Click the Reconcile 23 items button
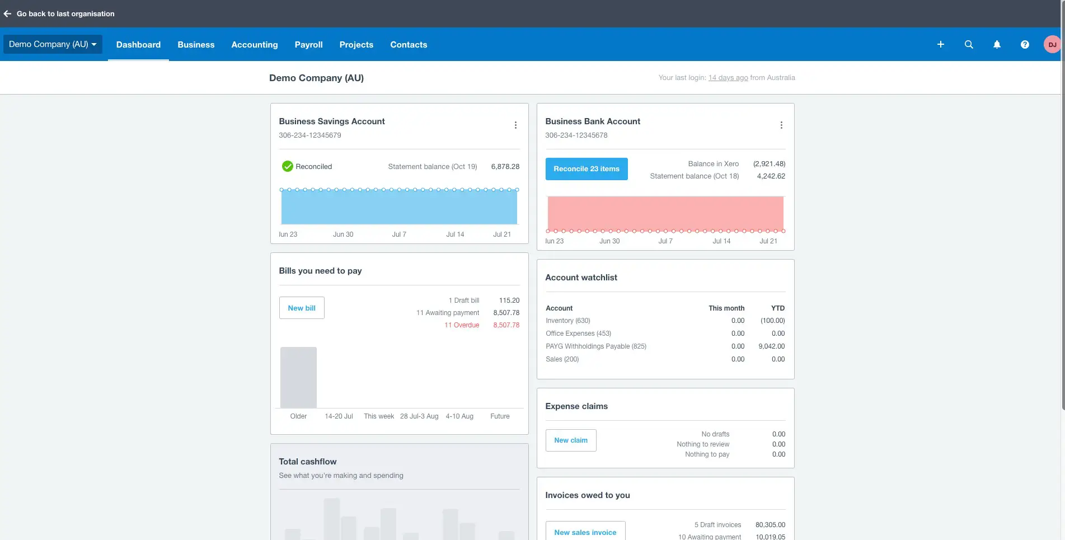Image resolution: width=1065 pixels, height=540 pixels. coord(586,169)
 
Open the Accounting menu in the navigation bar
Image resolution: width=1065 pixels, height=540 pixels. coord(254,45)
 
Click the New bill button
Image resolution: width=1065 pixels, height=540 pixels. coord(301,308)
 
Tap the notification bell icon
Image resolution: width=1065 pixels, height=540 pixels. coord(996,45)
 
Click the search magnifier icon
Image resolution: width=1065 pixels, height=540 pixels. coord(968,45)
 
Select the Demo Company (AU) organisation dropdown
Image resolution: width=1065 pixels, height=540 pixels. coord(53,44)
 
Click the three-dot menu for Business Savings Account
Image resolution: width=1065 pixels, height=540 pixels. coord(515,125)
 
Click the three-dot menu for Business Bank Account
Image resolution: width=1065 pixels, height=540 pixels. coord(781,125)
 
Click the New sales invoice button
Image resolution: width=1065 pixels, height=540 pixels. coord(585,532)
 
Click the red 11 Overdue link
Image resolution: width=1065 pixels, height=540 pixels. coord(462,325)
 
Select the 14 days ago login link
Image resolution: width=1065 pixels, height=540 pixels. coord(728,78)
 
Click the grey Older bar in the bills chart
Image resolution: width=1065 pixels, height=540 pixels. coord(298,378)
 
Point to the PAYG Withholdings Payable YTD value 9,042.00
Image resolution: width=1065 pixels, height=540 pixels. coord(771,346)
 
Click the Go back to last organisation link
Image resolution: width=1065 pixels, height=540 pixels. coord(65,14)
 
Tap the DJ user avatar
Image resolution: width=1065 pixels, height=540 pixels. coord(1052,45)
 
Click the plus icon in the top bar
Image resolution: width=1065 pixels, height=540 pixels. coord(940,45)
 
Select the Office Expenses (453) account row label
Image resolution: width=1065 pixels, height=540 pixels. coord(578,334)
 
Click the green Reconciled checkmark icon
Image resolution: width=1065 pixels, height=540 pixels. coord(287,167)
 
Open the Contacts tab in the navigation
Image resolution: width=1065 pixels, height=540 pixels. coord(408,45)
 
